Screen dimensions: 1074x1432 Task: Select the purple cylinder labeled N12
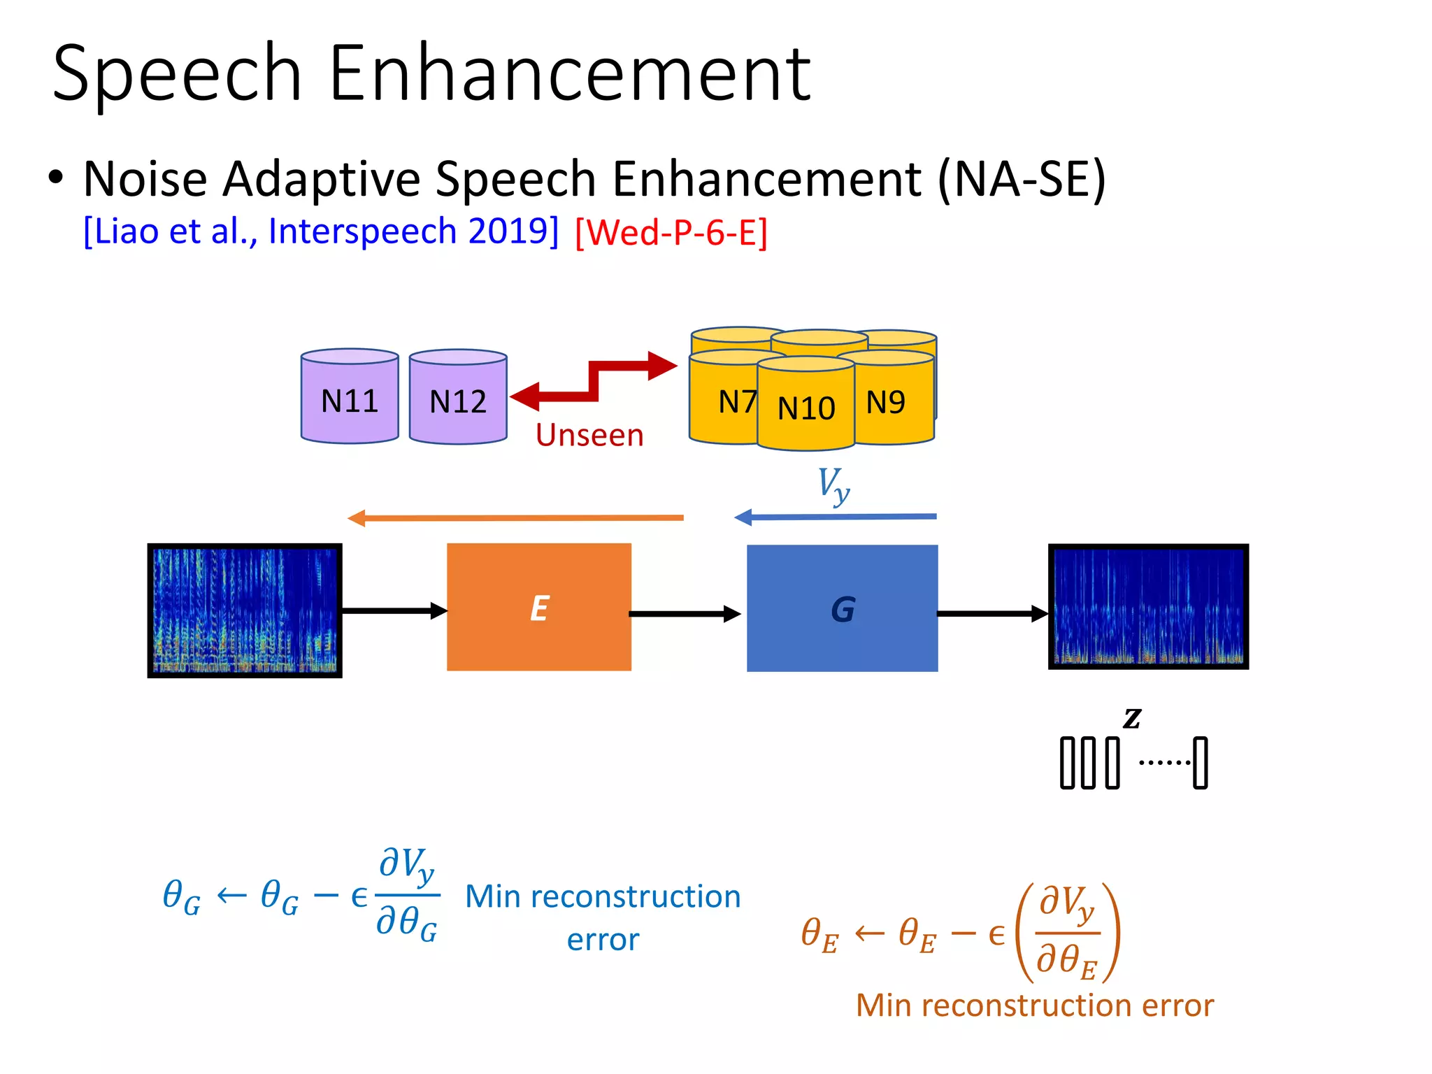[x=458, y=399]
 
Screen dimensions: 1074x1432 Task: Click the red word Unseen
[x=589, y=435]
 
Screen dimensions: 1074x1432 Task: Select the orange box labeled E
[x=539, y=607]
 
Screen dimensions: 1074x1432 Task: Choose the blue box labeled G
[x=842, y=608]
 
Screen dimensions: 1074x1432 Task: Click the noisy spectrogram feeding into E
[x=245, y=610]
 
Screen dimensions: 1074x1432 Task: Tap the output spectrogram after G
[x=1148, y=606]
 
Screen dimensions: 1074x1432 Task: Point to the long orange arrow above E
[x=515, y=518]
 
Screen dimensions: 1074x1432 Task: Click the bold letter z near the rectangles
[x=1132, y=717]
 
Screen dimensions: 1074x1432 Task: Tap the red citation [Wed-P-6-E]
[x=671, y=232]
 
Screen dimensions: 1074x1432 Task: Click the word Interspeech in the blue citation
[x=362, y=231]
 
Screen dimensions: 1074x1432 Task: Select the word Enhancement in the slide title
[x=569, y=73]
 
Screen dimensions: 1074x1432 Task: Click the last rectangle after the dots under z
[x=1200, y=763]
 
